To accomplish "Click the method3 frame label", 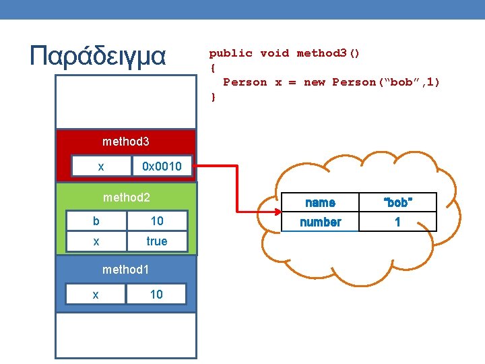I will click(125, 142).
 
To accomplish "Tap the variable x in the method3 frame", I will click(100, 166).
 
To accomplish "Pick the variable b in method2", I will click(96, 221).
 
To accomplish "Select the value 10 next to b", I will click(157, 221).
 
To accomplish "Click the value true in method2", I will click(157, 241).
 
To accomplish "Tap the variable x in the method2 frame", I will click(96, 241).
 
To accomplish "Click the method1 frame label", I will click(125, 270).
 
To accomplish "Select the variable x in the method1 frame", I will click(96, 295).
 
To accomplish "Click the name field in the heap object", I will click(320, 202).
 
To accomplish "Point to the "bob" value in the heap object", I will click(397, 202).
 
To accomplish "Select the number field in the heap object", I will click(320, 222).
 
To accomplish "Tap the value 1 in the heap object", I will click(397, 222).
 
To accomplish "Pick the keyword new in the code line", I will click(315, 82).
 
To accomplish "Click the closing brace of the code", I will click(214, 97).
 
